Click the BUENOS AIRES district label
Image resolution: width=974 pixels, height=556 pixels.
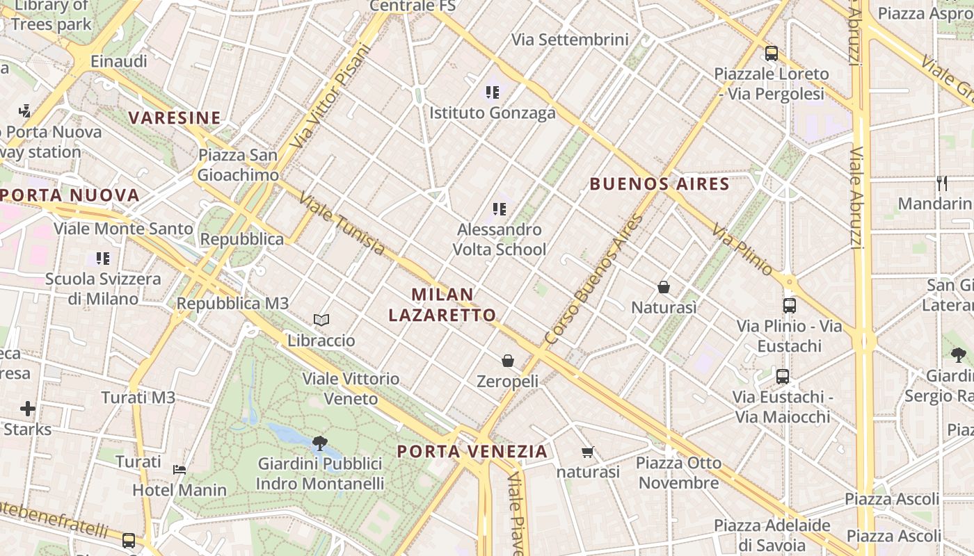[660, 184]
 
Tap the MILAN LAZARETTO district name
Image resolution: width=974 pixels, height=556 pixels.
[442, 304]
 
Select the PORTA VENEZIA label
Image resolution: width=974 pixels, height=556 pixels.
[472, 451]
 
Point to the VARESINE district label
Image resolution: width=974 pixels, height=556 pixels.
[175, 118]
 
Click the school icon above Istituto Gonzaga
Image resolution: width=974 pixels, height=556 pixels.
[493, 92]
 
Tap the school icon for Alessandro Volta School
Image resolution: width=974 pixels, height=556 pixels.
[499, 208]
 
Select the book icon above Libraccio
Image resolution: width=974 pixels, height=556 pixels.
[321, 320]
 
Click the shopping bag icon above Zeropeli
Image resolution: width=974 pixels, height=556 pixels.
[508, 361]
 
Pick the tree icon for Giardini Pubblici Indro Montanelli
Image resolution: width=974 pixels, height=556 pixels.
[320, 443]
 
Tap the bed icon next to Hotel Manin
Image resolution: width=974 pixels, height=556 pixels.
[179, 469]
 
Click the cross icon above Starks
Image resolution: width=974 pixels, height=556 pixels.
[28, 408]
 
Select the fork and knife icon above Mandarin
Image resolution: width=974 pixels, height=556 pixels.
[942, 183]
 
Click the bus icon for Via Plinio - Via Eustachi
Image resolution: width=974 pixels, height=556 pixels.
[789, 305]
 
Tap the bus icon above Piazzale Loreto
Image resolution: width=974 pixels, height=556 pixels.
[771, 53]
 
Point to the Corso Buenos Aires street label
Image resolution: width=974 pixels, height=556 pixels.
[593, 279]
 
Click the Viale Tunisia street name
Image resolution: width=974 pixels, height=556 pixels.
[342, 224]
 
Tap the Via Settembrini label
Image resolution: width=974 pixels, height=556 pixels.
[570, 40]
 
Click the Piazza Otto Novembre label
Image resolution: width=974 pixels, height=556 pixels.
[678, 473]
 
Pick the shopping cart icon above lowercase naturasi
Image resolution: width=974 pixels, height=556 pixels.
[588, 452]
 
